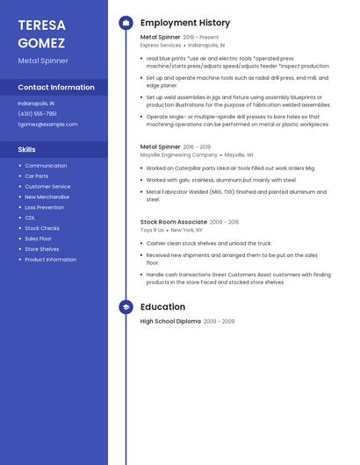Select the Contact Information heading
[56, 87]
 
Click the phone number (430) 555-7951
[37, 113]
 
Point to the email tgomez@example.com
[47, 124]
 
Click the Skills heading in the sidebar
[26, 149]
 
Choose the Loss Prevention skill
[44, 207]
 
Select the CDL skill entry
[30, 218]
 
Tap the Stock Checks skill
[42, 228]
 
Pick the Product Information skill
[50, 260]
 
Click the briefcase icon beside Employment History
[126, 23]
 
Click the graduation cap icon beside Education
[126, 307]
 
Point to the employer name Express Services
[161, 45]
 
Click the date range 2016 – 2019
[198, 147]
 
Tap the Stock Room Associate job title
[174, 222]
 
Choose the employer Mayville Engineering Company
[179, 154]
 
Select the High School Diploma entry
[170, 321]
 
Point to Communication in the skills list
[46, 166]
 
